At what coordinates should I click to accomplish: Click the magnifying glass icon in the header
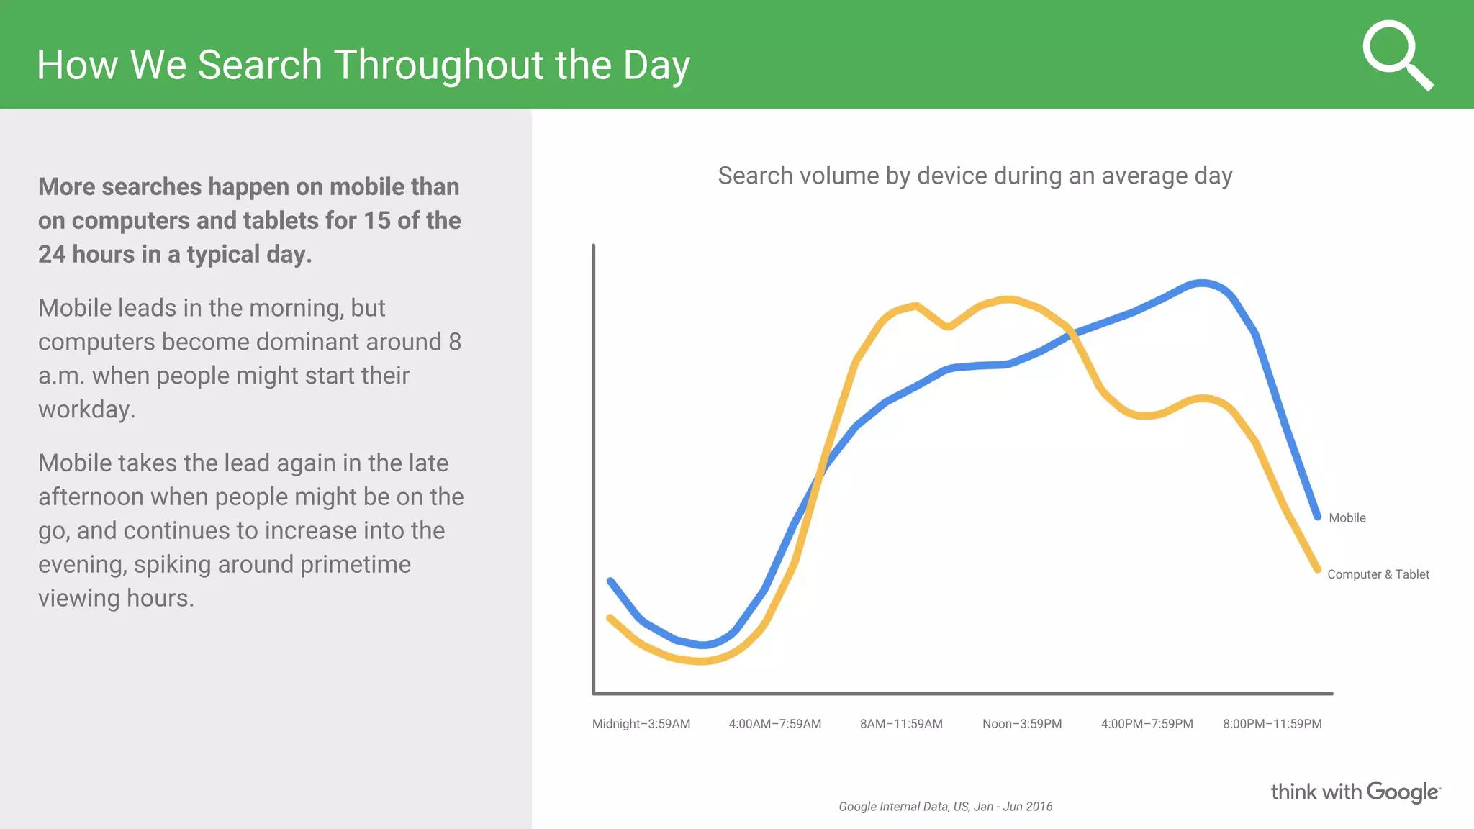coord(1396,55)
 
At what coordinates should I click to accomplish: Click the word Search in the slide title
coord(259,65)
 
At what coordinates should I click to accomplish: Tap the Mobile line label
coord(1347,518)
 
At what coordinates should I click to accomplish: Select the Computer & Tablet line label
coord(1378,574)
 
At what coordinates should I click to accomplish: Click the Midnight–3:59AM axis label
coord(641,724)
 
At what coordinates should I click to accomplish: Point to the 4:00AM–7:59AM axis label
coord(774,724)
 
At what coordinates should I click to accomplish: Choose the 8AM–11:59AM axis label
coord(901,724)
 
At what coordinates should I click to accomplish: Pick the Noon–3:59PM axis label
coord(1022,724)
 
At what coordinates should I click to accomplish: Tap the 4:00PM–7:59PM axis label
coord(1147,724)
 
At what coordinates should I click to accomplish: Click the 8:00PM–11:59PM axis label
coord(1272,724)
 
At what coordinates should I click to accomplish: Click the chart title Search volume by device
coord(975,176)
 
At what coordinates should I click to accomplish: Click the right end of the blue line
coord(1317,516)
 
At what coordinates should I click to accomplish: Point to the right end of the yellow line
coord(1317,568)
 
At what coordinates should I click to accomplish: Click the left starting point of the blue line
coord(610,581)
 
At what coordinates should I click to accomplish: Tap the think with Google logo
coord(1355,792)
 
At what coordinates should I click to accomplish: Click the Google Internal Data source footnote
coord(945,807)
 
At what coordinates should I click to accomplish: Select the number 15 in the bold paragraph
coord(377,221)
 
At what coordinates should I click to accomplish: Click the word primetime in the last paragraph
coord(355,565)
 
